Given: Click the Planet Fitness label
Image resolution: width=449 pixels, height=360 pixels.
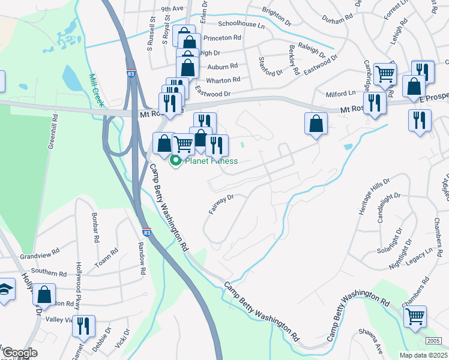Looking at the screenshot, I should [211, 161].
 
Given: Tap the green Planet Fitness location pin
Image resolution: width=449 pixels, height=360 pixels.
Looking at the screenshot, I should [176, 161].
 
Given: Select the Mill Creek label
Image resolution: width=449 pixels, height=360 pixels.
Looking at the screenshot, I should [96, 91].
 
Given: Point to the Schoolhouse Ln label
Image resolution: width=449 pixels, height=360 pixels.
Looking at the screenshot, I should [241, 25].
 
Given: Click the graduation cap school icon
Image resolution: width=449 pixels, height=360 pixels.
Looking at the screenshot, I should [5, 290].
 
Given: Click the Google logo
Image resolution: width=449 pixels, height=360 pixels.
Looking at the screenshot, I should [20, 353].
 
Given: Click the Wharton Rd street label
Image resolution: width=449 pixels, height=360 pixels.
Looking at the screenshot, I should [223, 80].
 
